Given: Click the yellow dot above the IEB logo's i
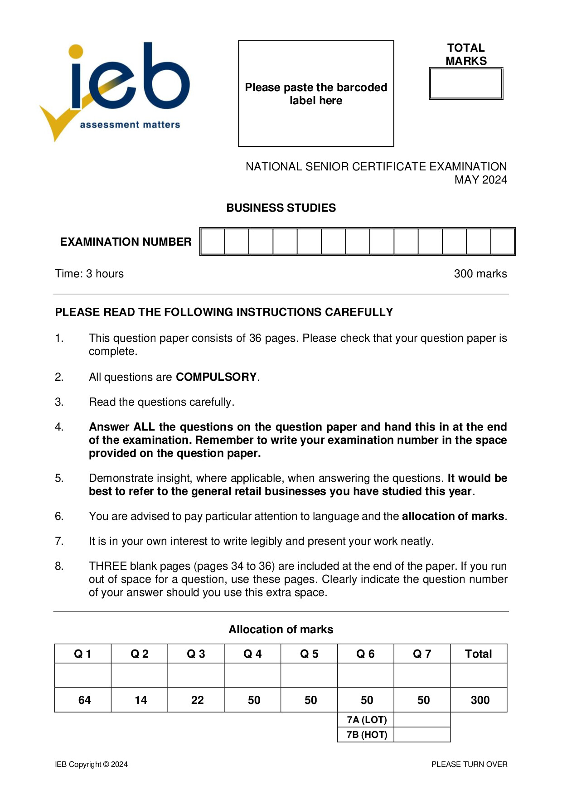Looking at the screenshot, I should tap(76, 51).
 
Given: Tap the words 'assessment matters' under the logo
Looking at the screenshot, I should tap(130, 125).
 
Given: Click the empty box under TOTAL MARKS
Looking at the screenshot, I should tap(465, 84).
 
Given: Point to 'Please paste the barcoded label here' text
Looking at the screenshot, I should tap(316, 94).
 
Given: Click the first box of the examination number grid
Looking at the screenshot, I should tap(213, 242).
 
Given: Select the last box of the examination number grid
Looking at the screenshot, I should tap(502, 242).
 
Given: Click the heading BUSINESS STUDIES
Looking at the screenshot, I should tap(281, 208).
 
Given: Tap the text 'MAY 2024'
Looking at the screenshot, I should tap(480, 180).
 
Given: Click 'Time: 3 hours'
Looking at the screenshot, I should tap(89, 274).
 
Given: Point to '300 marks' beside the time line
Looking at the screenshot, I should tap(480, 274).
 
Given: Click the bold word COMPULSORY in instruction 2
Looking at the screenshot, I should tap(216, 377).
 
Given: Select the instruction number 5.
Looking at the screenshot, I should tap(59, 478).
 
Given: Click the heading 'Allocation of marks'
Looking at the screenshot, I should tap(281, 630).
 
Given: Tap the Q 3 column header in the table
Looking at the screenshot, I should tap(196, 654).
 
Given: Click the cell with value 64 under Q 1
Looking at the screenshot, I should tap(84, 700).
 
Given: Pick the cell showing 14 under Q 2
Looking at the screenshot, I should tap(140, 700).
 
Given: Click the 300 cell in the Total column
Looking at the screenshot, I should tap(480, 700).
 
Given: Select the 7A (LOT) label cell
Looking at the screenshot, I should tap(366, 720).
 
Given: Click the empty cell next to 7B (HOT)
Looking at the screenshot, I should tap(422, 735).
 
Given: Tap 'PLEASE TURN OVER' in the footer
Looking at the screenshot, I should tap(469, 764).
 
